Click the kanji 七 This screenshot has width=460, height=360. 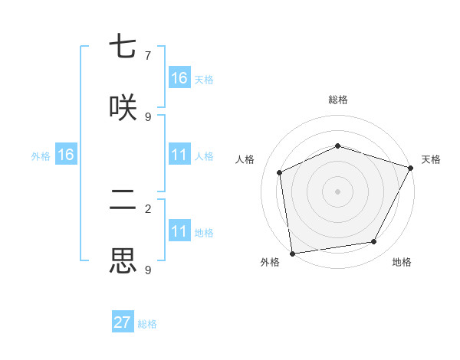tap(123, 47)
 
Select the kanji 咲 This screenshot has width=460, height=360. tap(123, 107)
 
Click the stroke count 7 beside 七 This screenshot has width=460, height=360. tap(148, 55)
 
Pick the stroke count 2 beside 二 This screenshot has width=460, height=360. tap(148, 208)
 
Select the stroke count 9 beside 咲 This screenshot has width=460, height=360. tap(148, 116)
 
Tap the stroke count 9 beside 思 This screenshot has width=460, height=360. tap(148, 270)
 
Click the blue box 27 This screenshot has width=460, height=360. tap(123, 322)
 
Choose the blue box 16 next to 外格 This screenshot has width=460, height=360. tap(66, 155)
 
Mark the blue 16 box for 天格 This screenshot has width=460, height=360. tap(179, 78)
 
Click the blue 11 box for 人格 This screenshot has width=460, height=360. tap(179, 155)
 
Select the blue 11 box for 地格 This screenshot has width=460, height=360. tap(179, 231)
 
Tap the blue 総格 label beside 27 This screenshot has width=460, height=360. tap(148, 324)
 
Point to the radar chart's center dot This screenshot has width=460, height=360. tap(337, 191)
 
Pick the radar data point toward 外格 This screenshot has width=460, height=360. tap(292, 253)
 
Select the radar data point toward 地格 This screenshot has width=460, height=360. tap(374, 241)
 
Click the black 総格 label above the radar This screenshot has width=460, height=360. tap(338, 100)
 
